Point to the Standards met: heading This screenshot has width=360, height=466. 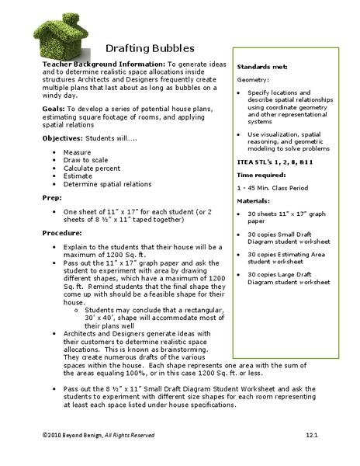pyautogui.click(x=264, y=68)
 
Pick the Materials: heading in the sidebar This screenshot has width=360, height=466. pyautogui.click(x=254, y=201)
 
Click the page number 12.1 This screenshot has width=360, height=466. pyautogui.click(x=312, y=436)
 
